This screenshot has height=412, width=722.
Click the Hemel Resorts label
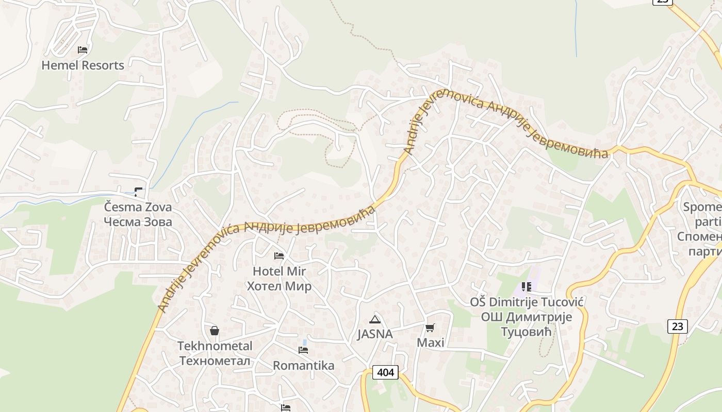[83, 65]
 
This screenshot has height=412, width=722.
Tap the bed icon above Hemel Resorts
[83, 50]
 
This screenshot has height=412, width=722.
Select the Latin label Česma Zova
[138, 207]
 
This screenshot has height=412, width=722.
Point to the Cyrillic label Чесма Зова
[138, 222]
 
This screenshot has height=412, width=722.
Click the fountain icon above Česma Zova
[138, 192]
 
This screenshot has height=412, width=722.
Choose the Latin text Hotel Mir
[279, 271]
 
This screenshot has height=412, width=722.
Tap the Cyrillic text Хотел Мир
[279, 286]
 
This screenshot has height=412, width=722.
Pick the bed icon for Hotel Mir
[279, 256]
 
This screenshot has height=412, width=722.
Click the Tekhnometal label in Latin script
[215, 346]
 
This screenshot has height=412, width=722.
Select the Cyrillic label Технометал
[215, 360]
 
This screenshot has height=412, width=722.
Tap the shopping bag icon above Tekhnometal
[215, 331]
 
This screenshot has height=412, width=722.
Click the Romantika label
[303, 366]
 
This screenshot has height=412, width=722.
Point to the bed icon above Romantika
[303, 350]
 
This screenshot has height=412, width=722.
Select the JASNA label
[375, 334]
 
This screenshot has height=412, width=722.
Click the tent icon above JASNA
[375, 319]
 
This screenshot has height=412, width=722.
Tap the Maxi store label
[430, 343]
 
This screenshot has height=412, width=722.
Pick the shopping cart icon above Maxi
[430, 328]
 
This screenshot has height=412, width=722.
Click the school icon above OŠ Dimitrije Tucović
[527, 287]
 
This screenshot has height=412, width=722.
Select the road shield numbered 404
[385, 372]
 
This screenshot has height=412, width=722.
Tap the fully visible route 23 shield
[677, 326]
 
